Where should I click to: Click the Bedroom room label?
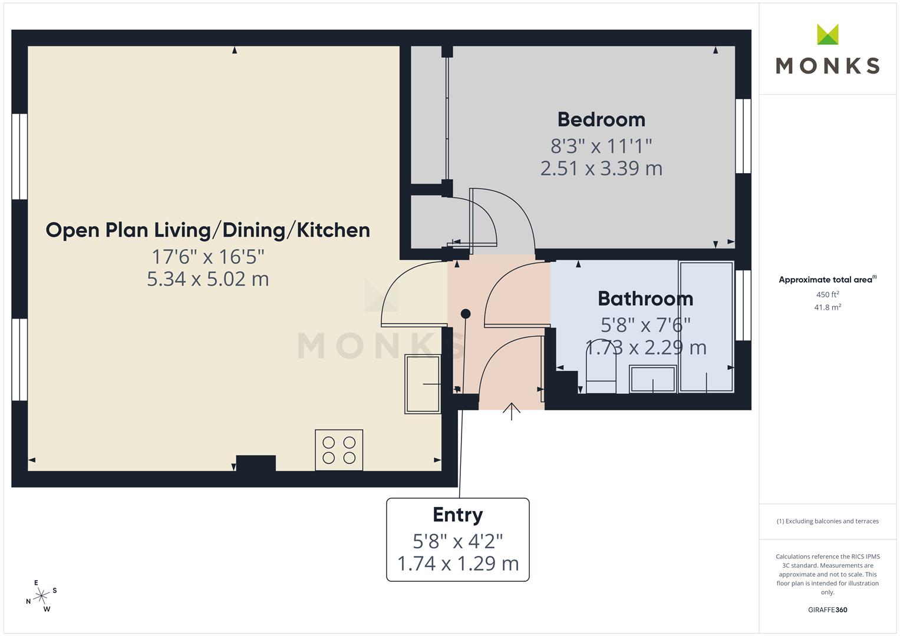pyautogui.click(x=601, y=120)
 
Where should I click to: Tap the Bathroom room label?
pyautogui.click(x=645, y=299)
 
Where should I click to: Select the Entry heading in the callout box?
pyautogui.click(x=457, y=515)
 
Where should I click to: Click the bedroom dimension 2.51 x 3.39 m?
pyautogui.click(x=601, y=168)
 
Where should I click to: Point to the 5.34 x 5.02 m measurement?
pyautogui.click(x=207, y=279)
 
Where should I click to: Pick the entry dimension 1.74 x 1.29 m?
pyautogui.click(x=458, y=564)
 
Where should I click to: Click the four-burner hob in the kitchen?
pyautogui.click(x=339, y=450)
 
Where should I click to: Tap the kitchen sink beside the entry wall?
pyautogui.click(x=423, y=384)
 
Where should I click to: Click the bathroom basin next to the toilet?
pyautogui.click(x=652, y=379)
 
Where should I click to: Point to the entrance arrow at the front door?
pyautogui.click(x=512, y=412)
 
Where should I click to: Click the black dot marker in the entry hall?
pyautogui.click(x=466, y=313)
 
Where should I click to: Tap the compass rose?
pyautogui.click(x=41, y=596)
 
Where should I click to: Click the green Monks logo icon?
pyautogui.click(x=828, y=34)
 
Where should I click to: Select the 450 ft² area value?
pyautogui.click(x=828, y=294)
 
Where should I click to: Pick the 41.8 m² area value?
pyautogui.click(x=828, y=307)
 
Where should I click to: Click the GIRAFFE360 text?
pyautogui.click(x=828, y=609)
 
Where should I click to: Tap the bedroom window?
pyautogui.click(x=743, y=136)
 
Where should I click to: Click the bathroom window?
pyautogui.click(x=743, y=306)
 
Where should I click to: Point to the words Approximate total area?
pyautogui.click(x=826, y=280)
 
